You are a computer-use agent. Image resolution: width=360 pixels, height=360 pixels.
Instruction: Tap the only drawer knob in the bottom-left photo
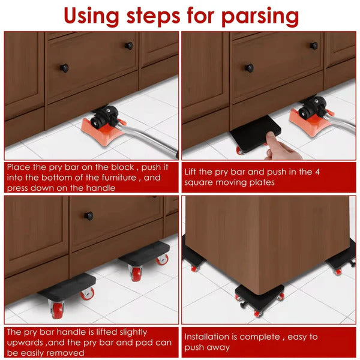click(x=88, y=216)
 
